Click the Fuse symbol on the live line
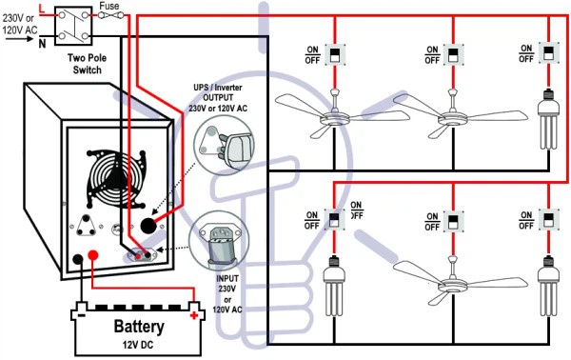click(x=111, y=15)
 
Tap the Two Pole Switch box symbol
click(x=73, y=26)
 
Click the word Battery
click(x=139, y=326)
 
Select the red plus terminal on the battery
click(x=194, y=315)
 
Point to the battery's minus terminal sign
click(x=82, y=314)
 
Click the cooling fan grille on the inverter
click(x=115, y=178)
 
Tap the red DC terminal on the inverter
click(x=93, y=254)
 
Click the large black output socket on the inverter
click(x=148, y=226)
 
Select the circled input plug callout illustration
click(x=219, y=241)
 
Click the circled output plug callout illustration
click(x=224, y=146)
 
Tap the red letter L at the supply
click(x=42, y=9)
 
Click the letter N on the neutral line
click(x=43, y=44)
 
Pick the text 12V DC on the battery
click(x=138, y=344)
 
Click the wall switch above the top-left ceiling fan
click(x=335, y=54)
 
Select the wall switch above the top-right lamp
click(x=548, y=53)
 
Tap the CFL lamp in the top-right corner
click(x=548, y=119)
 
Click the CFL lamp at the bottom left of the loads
click(x=334, y=286)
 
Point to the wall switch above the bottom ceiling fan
click(x=453, y=221)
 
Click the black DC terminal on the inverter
click(x=78, y=259)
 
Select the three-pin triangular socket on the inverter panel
click(x=86, y=225)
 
